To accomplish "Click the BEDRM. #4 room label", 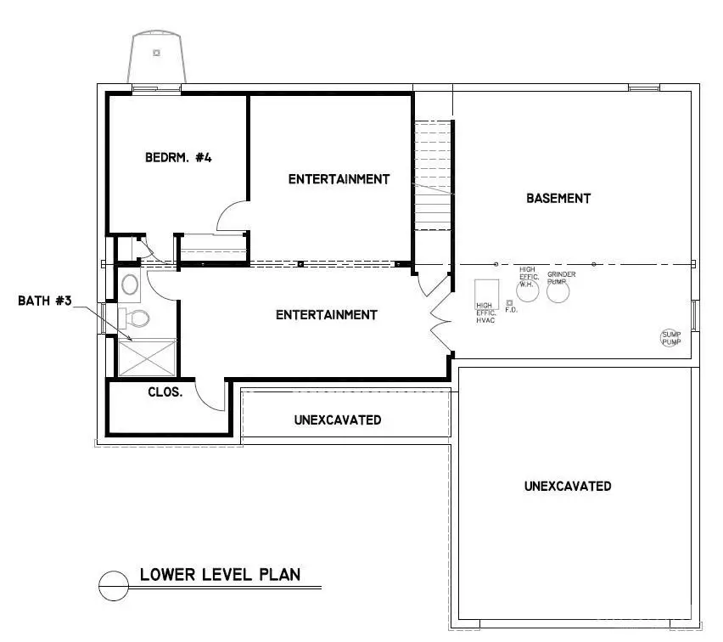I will click(177, 157).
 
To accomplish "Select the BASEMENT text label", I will click(558, 198).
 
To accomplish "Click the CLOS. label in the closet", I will click(165, 393).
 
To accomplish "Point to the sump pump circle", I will click(671, 338).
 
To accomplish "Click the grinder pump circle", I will click(558, 291).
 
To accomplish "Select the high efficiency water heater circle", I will click(528, 289).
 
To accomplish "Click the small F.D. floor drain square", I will click(509, 302).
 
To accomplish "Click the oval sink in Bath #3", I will click(131, 283).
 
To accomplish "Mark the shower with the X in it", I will click(146, 358).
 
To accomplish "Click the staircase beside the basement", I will click(433, 174).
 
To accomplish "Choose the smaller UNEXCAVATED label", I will click(337, 420).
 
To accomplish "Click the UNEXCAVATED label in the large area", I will click(567, 487).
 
